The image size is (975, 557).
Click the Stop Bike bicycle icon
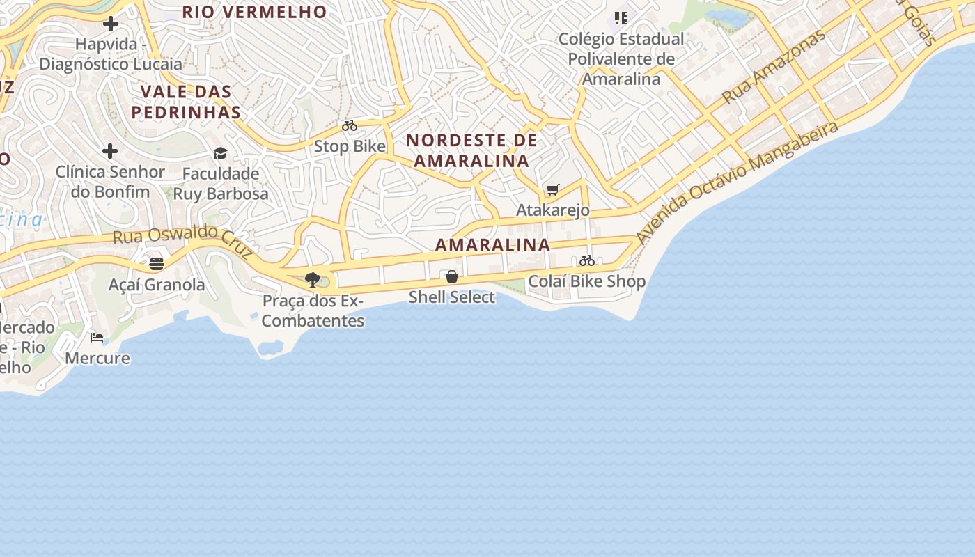point(350,126)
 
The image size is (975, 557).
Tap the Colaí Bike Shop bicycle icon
point(587,261)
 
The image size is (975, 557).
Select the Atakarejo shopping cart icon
point(553,189)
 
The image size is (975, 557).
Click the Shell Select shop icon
point(452,277)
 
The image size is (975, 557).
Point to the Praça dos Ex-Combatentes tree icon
point(313,280)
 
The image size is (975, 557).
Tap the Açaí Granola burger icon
point(157,264)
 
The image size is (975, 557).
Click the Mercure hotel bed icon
point(97,338)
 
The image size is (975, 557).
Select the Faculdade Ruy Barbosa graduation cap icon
point(220,153)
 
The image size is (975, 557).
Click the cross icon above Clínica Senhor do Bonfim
point(110,151)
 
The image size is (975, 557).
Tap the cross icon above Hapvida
point(110,24)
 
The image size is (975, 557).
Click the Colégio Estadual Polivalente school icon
point(621,18)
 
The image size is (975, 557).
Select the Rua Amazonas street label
point(772,68)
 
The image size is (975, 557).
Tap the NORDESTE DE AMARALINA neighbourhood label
point(472,150)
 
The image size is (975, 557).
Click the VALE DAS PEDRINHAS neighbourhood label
point(186,102)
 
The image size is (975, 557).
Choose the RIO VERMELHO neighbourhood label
point(254,12)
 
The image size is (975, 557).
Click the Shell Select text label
point(452,297)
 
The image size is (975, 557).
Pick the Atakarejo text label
point(553,210)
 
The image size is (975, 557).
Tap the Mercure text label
point(97,358)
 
